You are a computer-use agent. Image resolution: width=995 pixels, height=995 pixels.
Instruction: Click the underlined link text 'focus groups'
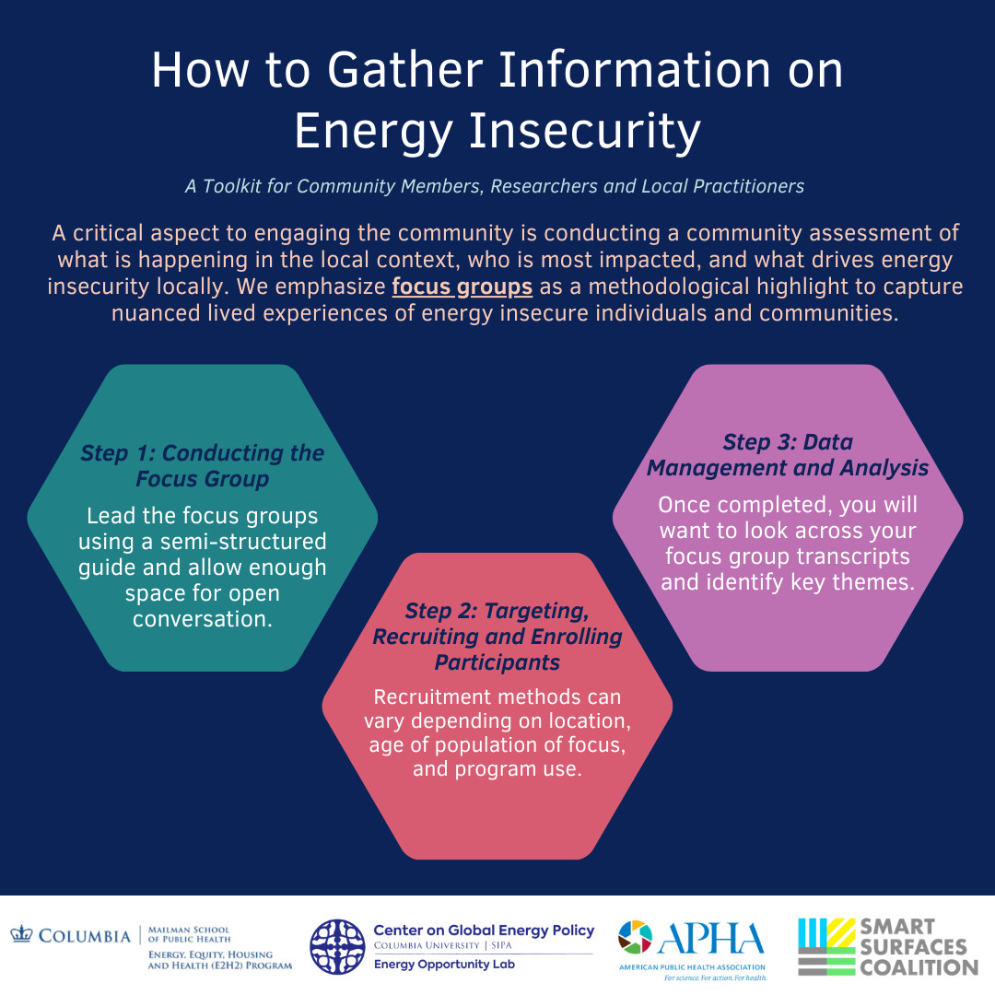point(462,287)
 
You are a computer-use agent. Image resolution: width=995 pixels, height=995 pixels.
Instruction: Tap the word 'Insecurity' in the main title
point(584,131)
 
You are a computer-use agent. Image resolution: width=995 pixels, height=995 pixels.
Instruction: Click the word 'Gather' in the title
point(405,70)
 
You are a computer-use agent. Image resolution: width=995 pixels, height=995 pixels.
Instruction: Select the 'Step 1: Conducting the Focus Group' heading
point(203,466)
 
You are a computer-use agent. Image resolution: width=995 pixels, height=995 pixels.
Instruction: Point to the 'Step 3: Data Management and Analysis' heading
point(788,455)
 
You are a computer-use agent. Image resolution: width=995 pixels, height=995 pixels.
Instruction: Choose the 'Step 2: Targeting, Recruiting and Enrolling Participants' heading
point(497,637)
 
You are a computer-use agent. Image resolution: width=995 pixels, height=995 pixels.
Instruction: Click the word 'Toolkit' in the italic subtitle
point(231,186)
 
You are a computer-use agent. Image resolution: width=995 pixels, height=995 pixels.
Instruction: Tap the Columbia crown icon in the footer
point(21,935)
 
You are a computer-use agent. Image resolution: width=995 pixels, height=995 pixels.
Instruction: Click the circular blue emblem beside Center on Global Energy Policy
point(337,947)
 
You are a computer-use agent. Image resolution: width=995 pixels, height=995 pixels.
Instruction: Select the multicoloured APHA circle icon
point(635,937)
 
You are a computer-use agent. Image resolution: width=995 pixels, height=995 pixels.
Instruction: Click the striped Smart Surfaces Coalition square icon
point(826,947)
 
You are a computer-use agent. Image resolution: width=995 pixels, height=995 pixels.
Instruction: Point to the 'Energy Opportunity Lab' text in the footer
point(444,965)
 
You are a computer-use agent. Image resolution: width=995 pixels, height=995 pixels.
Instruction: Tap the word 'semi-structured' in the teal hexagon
point(243,542)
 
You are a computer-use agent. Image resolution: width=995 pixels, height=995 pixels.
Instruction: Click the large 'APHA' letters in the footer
point(710,939)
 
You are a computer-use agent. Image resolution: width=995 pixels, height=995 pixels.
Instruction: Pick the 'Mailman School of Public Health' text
point(189,935)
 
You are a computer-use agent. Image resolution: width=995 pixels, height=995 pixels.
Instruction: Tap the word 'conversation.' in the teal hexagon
point(203,619)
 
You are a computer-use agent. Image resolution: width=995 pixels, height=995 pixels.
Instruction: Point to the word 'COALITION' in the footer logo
point(919,967)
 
